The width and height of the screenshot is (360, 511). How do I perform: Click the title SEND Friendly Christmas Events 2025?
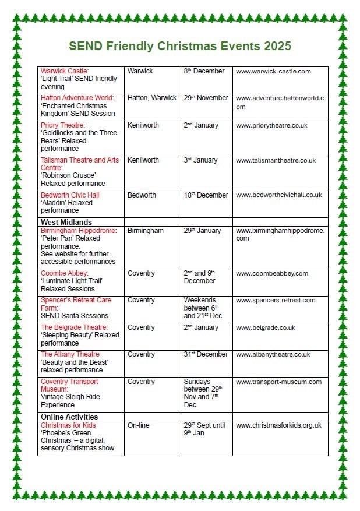click(x=180, y=46)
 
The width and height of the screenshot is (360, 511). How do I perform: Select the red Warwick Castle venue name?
click(x=65, y=71)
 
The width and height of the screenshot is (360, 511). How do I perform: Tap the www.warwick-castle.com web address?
click(x=273, y=71)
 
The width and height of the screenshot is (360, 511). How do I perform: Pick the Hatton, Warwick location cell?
click(x=151, y=98)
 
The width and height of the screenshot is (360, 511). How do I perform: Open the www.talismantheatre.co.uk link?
click(x=276, y=160)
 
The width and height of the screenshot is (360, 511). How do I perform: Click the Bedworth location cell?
click(x=142, y=195)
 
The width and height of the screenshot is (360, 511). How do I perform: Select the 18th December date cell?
click(x=205, y=195)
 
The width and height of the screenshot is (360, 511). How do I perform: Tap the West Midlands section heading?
click(x=66, y=222)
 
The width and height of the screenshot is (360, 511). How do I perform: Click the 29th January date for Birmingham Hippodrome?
click(x=202, y=231)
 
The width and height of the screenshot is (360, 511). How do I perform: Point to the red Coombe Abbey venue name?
click(x=65, y=273)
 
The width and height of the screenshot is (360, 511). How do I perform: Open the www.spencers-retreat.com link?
click(x=276, y=300)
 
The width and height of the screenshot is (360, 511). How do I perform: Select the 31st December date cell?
click(x=206, y=354)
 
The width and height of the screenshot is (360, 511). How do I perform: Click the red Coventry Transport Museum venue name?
click(x=69, y=385)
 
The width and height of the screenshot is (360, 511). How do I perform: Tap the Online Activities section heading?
click(x=69, y=417)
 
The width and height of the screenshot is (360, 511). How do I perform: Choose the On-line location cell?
click(x=138, y=425)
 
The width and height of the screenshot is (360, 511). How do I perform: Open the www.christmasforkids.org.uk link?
click(x=278, y=425)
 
